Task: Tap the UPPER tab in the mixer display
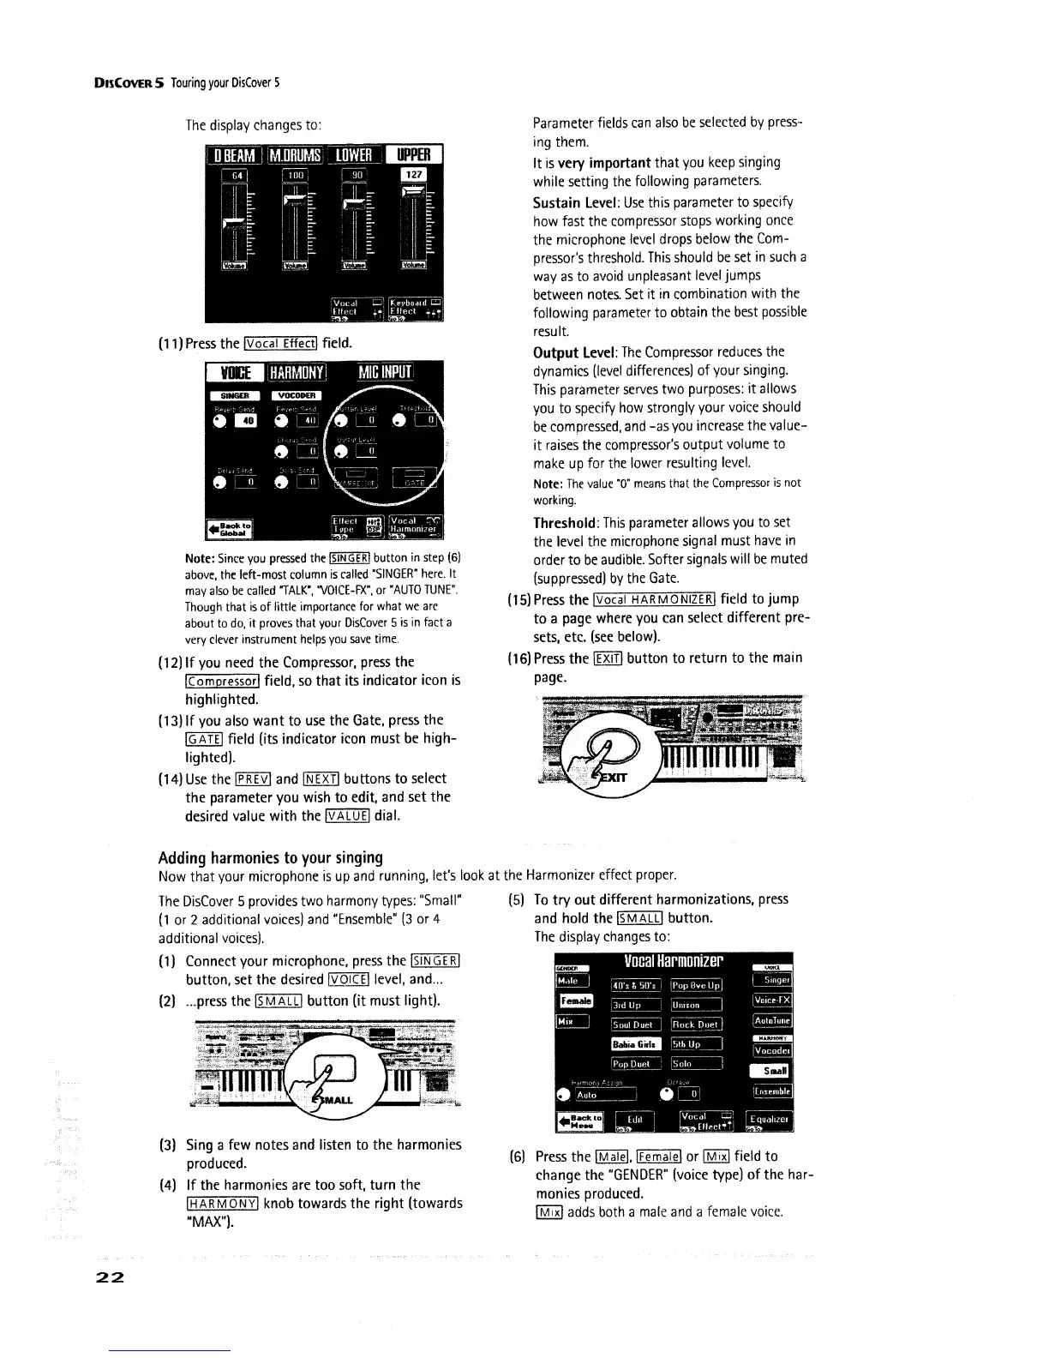[414, 155]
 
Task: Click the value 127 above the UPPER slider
[414, 175]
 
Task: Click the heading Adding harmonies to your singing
[270, 857]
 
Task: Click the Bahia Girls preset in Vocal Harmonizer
[635, 1044]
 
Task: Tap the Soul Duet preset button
[635, 1025]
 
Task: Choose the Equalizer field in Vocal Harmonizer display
[771, 1120]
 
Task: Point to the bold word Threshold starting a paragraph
[565, 522]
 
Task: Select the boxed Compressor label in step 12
[222, 682]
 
